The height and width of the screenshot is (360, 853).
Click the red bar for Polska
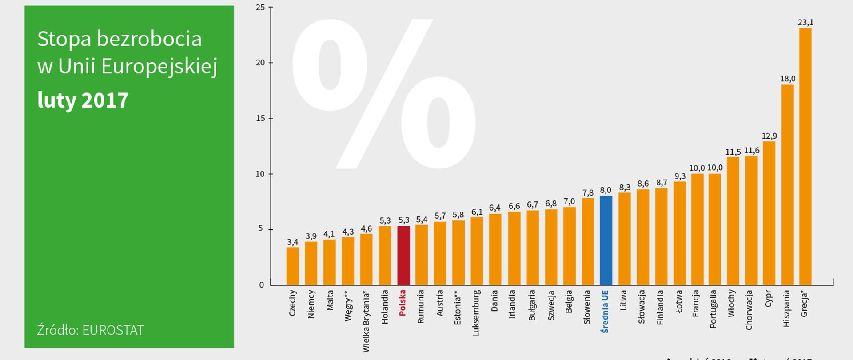click(403, 256)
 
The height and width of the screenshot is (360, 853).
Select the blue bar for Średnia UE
click(606, 240)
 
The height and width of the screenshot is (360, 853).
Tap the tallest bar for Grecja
click(805, 156)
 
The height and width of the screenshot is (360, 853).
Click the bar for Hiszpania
click(787, 185)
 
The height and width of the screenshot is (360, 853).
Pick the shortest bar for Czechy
click(292, 266)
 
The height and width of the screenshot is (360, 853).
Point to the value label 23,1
click(805, 22)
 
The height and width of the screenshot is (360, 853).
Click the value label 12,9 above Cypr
click(769, 136)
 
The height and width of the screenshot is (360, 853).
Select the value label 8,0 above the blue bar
click(606, 190)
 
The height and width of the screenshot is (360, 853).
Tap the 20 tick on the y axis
click(260, 63)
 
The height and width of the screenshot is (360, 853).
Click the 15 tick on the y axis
click(260, 118)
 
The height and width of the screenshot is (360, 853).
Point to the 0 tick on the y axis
click(262, 284)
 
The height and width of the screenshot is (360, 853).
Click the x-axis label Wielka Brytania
click(366, 321)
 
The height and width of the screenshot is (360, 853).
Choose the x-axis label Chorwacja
click(749, 310)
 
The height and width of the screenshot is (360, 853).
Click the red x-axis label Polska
click(403, 303)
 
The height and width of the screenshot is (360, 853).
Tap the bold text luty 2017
click(83, 100)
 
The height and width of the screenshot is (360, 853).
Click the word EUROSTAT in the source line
click(113, 330)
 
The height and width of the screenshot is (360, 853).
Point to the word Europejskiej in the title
click(159, 67)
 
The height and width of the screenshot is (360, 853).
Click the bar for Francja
click(697, 229)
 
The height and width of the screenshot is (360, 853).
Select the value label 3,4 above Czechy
click(292, 242)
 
